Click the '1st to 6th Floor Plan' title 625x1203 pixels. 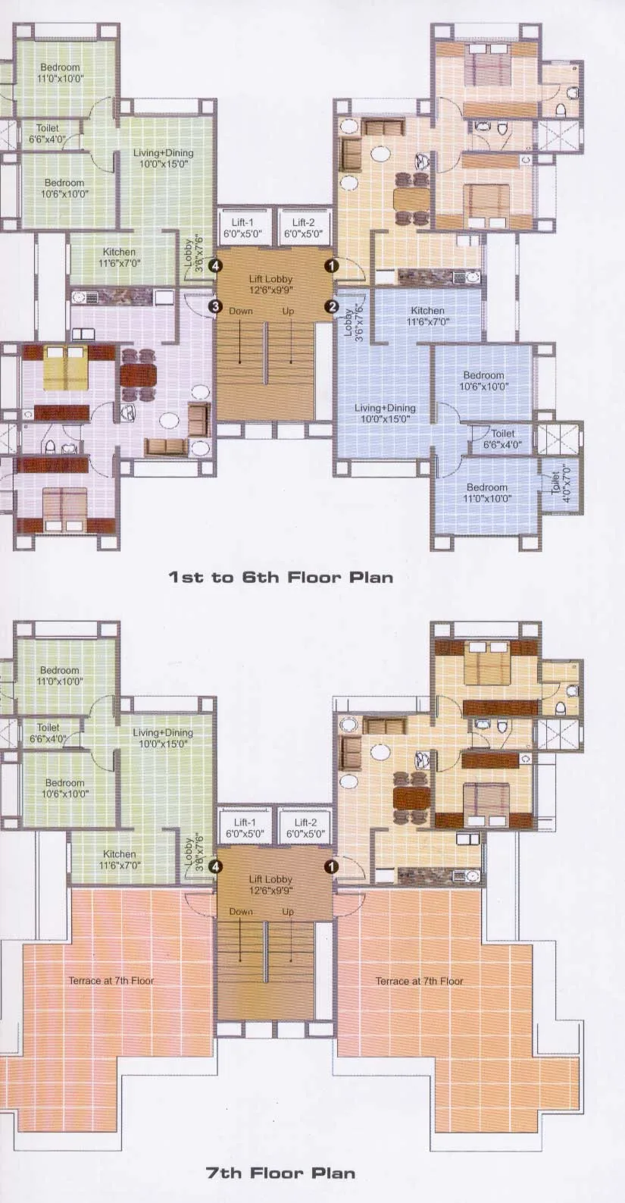tap(280, 577)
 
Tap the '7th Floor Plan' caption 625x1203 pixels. tap(280, 1173)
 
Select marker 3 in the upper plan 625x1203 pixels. tap(216, 306)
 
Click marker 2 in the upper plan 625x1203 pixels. tap(331, 306)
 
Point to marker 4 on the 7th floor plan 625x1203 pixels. tap(216, 866)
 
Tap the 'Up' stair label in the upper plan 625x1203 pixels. tap(288, 312)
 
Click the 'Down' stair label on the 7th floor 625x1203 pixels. tap(241, 912)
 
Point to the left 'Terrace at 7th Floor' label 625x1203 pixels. tap(111, 980)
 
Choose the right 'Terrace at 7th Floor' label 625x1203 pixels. tap(419, 981)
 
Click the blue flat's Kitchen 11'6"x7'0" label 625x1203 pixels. tap(428, 316)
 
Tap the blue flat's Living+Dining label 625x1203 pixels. tap(385, 413)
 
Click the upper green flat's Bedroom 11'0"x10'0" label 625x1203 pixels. tap(60, 73)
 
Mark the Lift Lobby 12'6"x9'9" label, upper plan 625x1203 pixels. tap(270, 284)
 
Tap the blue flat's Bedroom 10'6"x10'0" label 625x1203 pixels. tap(483, 381)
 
